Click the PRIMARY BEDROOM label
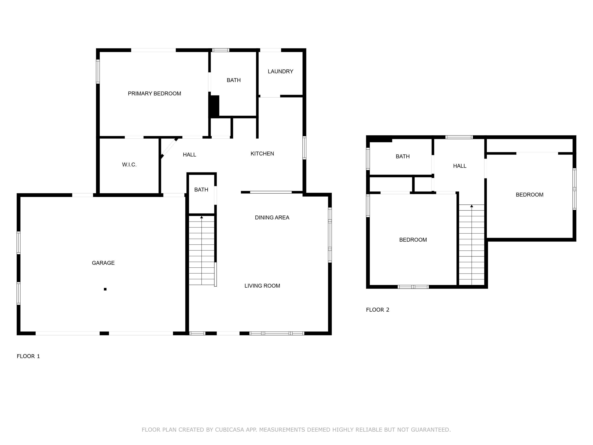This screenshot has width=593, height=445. [x=154, y=94]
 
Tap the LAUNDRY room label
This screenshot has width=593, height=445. [x=280, y=71]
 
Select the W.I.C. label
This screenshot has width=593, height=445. [x=129, y=165]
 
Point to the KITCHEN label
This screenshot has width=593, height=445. [x=262, y=154]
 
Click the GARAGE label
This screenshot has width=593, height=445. [x=103, y=263]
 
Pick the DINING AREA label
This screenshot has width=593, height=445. [x=272, y=218]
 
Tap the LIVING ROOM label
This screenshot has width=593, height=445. [x=262, y=286]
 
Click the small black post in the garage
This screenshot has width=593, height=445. [x=105, y=289]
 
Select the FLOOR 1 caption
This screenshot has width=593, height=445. [x=28, y=356]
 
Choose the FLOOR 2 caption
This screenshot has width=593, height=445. [x=378, y=310]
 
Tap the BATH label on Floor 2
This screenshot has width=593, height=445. [x=402, y=156]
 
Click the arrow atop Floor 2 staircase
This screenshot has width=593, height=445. [x=472, y=206]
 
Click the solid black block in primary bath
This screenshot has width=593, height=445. [x=214, y=106]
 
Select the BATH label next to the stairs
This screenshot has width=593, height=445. [x=201, y=190]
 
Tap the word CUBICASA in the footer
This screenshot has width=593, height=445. [x=229, y=430]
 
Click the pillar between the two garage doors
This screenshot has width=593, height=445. [x=104, y=333]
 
